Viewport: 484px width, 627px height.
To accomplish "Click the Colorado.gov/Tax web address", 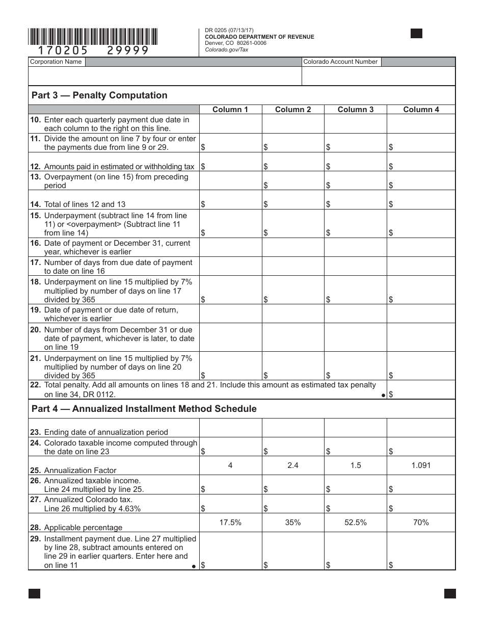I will [x=227, y=49].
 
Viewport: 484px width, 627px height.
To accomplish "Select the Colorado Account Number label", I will [x=340, y=62].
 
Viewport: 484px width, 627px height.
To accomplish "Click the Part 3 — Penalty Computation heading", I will [x=99, y=95].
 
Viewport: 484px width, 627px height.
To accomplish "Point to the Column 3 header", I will [x=356, y=109].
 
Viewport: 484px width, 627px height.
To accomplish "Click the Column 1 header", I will [x=230, y=109].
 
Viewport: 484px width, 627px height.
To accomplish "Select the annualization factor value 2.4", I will [x=293, y=465].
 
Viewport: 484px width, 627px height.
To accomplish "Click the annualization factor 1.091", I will [x=421, y=465].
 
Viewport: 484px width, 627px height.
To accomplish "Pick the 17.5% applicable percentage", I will [x=230, y=522].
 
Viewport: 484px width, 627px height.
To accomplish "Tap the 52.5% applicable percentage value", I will [x=356, y=522].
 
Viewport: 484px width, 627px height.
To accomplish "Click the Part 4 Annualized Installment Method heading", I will [x=144, y=409].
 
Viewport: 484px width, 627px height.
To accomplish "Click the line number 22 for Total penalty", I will [x=36, y=385].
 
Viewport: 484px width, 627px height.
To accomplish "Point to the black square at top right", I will [x=416, y=34].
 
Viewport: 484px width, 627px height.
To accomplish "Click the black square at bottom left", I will [x=34, y=593].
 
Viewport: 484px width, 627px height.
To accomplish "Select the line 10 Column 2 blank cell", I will [x=293, y=124].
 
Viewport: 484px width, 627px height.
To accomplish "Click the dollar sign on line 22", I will [x=391, y=395].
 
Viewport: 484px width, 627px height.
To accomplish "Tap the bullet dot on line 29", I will [x=194, y=566].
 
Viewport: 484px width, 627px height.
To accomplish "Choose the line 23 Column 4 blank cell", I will [x=421, y=428].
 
